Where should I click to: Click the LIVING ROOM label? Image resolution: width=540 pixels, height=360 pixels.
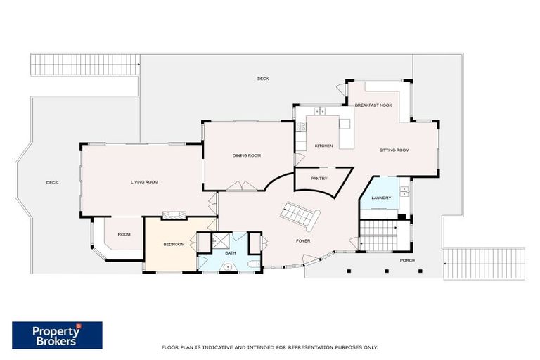coord(144,182)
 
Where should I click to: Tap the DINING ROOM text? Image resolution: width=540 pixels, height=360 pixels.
coord(247,155)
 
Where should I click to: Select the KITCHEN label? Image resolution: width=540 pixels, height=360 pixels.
coord(323,146)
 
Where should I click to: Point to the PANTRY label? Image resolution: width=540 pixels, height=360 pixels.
coord(319,179)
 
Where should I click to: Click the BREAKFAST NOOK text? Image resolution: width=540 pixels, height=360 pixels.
coord(373,105)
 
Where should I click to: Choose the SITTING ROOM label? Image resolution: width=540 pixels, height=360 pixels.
coord(394,150)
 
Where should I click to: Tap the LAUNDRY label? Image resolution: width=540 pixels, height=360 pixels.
coord(381,199)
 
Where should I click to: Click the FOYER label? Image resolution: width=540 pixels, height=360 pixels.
coord(302,240)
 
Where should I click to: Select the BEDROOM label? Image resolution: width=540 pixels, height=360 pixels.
coord(174,244)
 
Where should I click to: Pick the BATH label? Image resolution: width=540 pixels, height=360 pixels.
coord(231,252)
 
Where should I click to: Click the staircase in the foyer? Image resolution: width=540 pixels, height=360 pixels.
coord(298,214)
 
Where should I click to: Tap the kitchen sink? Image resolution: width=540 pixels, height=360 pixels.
coord(320,111)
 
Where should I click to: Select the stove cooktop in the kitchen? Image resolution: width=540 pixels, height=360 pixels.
coord(300,127)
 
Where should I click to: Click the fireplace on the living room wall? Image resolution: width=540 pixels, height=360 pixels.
coord(172,215)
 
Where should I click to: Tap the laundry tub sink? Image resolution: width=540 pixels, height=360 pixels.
coord(404,191)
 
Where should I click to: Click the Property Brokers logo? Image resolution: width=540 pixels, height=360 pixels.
coord(57,335)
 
